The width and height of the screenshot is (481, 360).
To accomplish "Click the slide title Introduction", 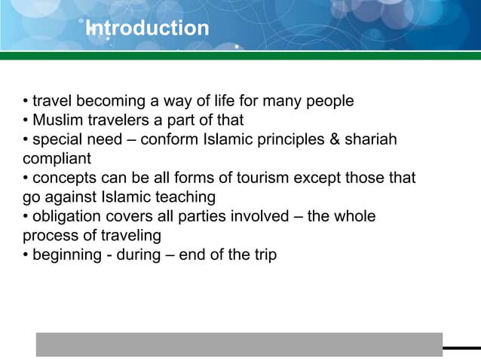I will click(148, 29).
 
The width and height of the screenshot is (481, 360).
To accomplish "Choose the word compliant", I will click(57, 159).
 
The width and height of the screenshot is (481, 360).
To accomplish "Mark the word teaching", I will click(187, 197).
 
